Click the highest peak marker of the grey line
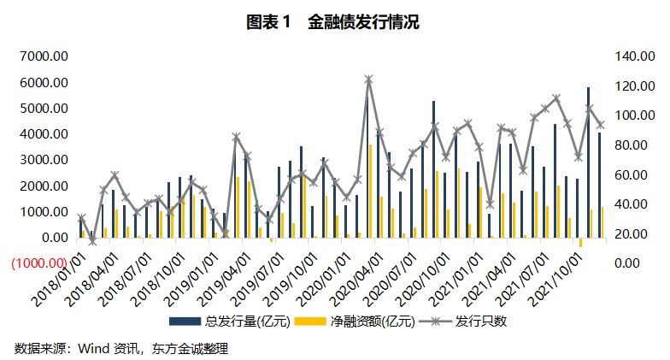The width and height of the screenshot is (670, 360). click(x=368, y=80)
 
